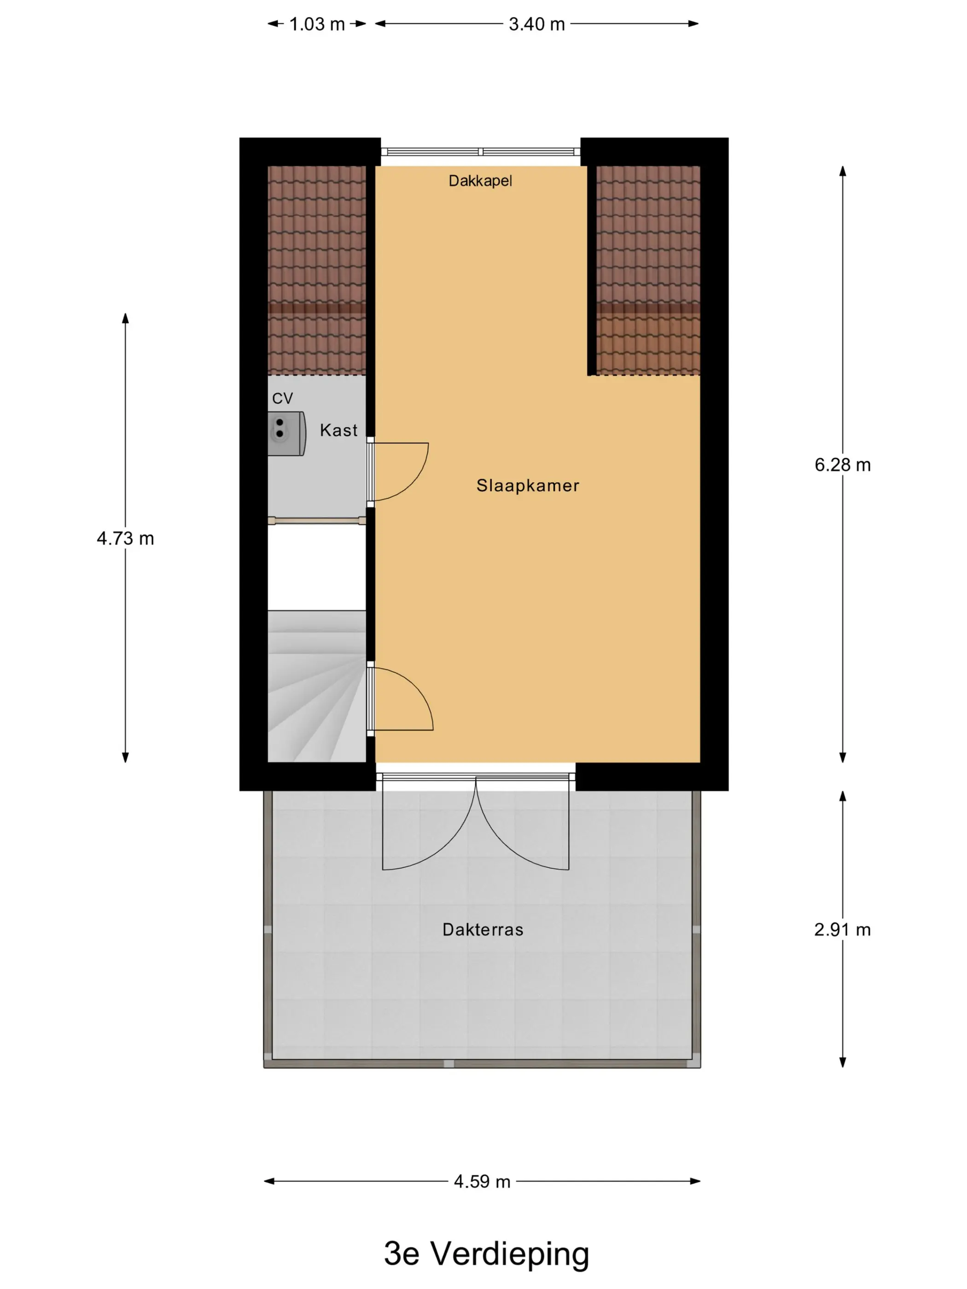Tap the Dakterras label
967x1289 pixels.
[483, 929]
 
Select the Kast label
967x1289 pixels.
[338, 430]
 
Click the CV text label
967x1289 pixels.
[282, 399]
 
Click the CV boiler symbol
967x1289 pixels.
[287, 434]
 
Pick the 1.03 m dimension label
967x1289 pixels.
[317, 24]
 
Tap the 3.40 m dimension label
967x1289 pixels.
[537, 24]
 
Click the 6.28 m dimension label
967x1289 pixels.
[842, 465]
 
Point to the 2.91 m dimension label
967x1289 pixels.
[842, 929]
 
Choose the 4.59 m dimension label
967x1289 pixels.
[482, 1181]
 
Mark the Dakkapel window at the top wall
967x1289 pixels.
[481, 151]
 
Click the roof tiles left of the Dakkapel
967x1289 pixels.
[316, 270]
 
